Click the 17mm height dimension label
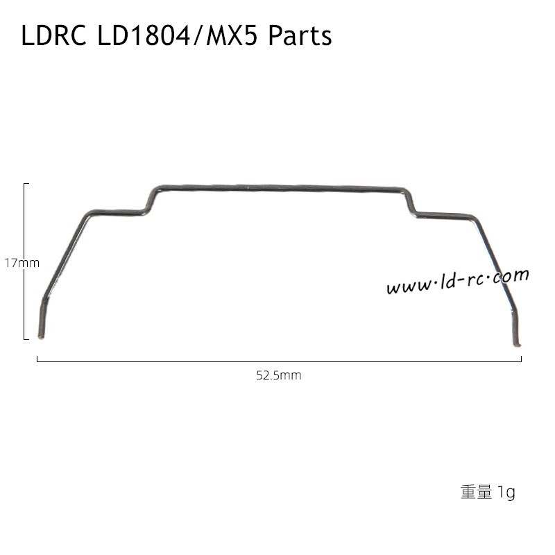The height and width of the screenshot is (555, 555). pyautogui.click(x=22, y=264)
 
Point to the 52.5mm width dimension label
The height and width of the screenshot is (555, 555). pyautogui.click(x=278, y=375)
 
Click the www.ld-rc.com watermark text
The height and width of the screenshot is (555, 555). pyautogui.click(x=457, y=281)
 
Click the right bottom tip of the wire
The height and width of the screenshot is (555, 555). pyautogui.click(x=518, y=343)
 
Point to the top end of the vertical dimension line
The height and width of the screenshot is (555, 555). pyautogui.click(x=26, y=184)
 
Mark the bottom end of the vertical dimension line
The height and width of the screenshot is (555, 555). pyautogui.click(x=26, y=339)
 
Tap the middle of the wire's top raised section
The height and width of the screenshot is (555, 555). pyautogui.click(x=277, y=187)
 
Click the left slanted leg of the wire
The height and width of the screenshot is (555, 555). pyautogui.click(x=66, y=257)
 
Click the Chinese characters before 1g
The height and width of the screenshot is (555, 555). pyautogui.click(x=476, y=493)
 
